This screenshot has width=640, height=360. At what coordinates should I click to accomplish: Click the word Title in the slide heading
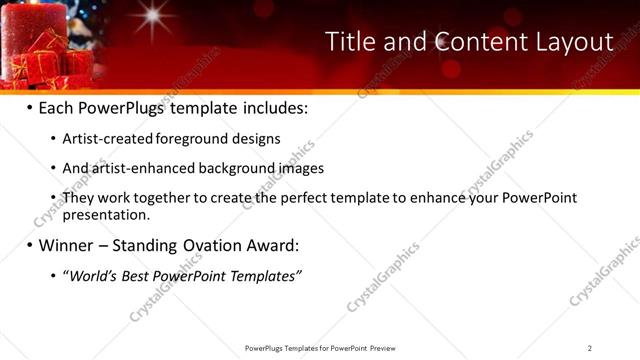(350, 42)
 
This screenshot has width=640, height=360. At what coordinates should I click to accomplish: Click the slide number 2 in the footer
(590, 348)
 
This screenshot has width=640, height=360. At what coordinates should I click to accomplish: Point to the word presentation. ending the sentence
(105, 214)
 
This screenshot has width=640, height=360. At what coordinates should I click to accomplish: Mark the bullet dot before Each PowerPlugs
(30, 108)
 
